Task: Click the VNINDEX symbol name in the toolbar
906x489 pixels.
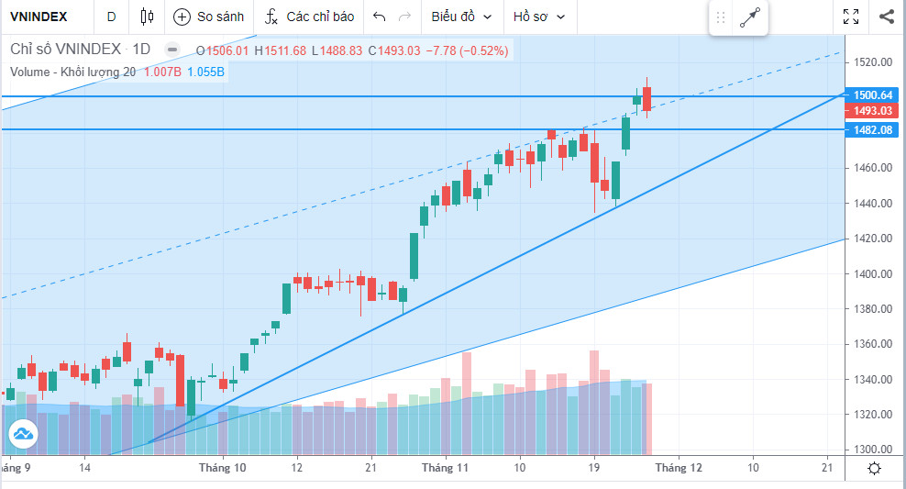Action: pyautogui.click(x=39, y=17)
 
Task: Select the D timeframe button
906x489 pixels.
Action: pyautogui.click(x=111, y=17)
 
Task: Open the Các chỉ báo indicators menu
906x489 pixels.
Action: pyautogui.click(x=309, y=17)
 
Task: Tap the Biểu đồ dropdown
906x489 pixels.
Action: pyautogui.click(x=461, y=17)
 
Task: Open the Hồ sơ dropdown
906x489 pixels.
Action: pyautogui.click(x=539, y=17)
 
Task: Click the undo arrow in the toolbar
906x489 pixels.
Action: pyautogui.click(x=379, y=17)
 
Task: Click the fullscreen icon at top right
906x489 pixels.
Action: pyautogui.click(x=851, y=17)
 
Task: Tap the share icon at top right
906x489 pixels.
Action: pyautogui.click(x=886, y=17)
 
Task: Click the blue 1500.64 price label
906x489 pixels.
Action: pyautogui.click(x=873, y=95)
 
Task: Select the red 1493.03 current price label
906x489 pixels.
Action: pyautogui.click(x=873, y=111)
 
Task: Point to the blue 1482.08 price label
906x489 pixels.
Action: pyautogui.click(x=873, y=130)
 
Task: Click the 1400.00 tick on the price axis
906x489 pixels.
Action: pyautogui.click(x=873, y=274)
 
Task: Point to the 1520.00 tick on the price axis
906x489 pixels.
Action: pyautogui.click(x=873, y=62)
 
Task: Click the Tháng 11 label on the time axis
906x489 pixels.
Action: pyautogui.click(x=445, y=467)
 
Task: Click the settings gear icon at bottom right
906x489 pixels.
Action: pyautogui.click(x=875, y=468)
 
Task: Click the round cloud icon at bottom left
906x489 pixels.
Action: pyautogui.click(x=22, y=433)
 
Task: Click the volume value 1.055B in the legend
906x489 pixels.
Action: pyautogui.click(x=206, y=72)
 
